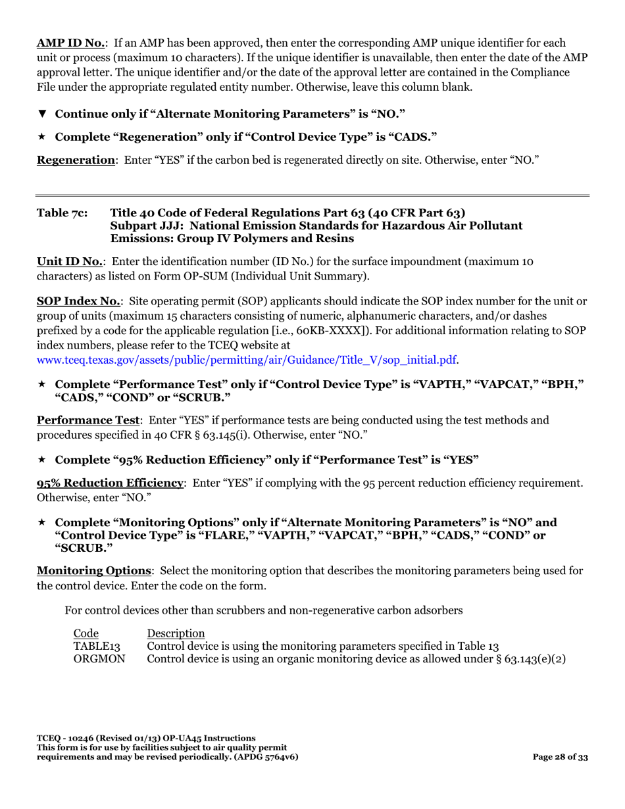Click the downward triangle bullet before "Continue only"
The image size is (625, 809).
[x=42, y=114]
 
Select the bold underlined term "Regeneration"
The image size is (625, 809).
[x=76, y=160]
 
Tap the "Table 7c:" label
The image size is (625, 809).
[x=64, y=212]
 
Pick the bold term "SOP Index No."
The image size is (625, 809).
[x=78, y=301]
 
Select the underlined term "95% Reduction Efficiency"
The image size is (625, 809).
[x=110, y=483]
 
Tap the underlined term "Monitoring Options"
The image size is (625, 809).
[x=94, y=570]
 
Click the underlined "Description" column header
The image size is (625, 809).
[x=176, y=633]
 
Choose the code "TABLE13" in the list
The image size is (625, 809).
[x=97, y=646]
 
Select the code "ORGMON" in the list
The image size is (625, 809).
[x=99, y=658]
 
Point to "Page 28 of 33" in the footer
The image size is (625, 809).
[x=560, y=757]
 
